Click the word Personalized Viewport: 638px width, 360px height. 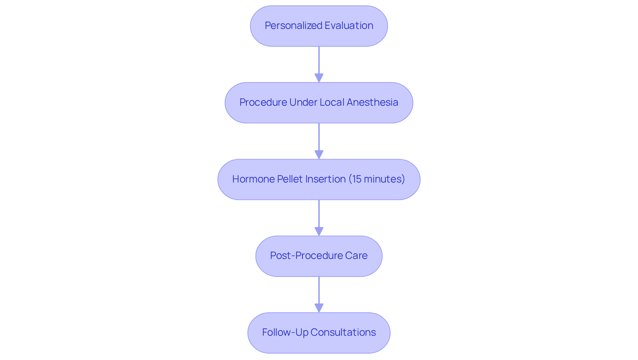click(x=293, y=26)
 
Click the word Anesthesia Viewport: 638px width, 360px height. click(x=372, y=102)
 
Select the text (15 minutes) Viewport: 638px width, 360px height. click(x=376, y=179)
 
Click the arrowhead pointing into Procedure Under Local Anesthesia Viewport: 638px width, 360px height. click(x=319, y=78)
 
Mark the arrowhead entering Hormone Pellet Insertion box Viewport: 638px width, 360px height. click(x=319, y=155)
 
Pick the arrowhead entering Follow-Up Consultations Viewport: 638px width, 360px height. click(x=319, y=308)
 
